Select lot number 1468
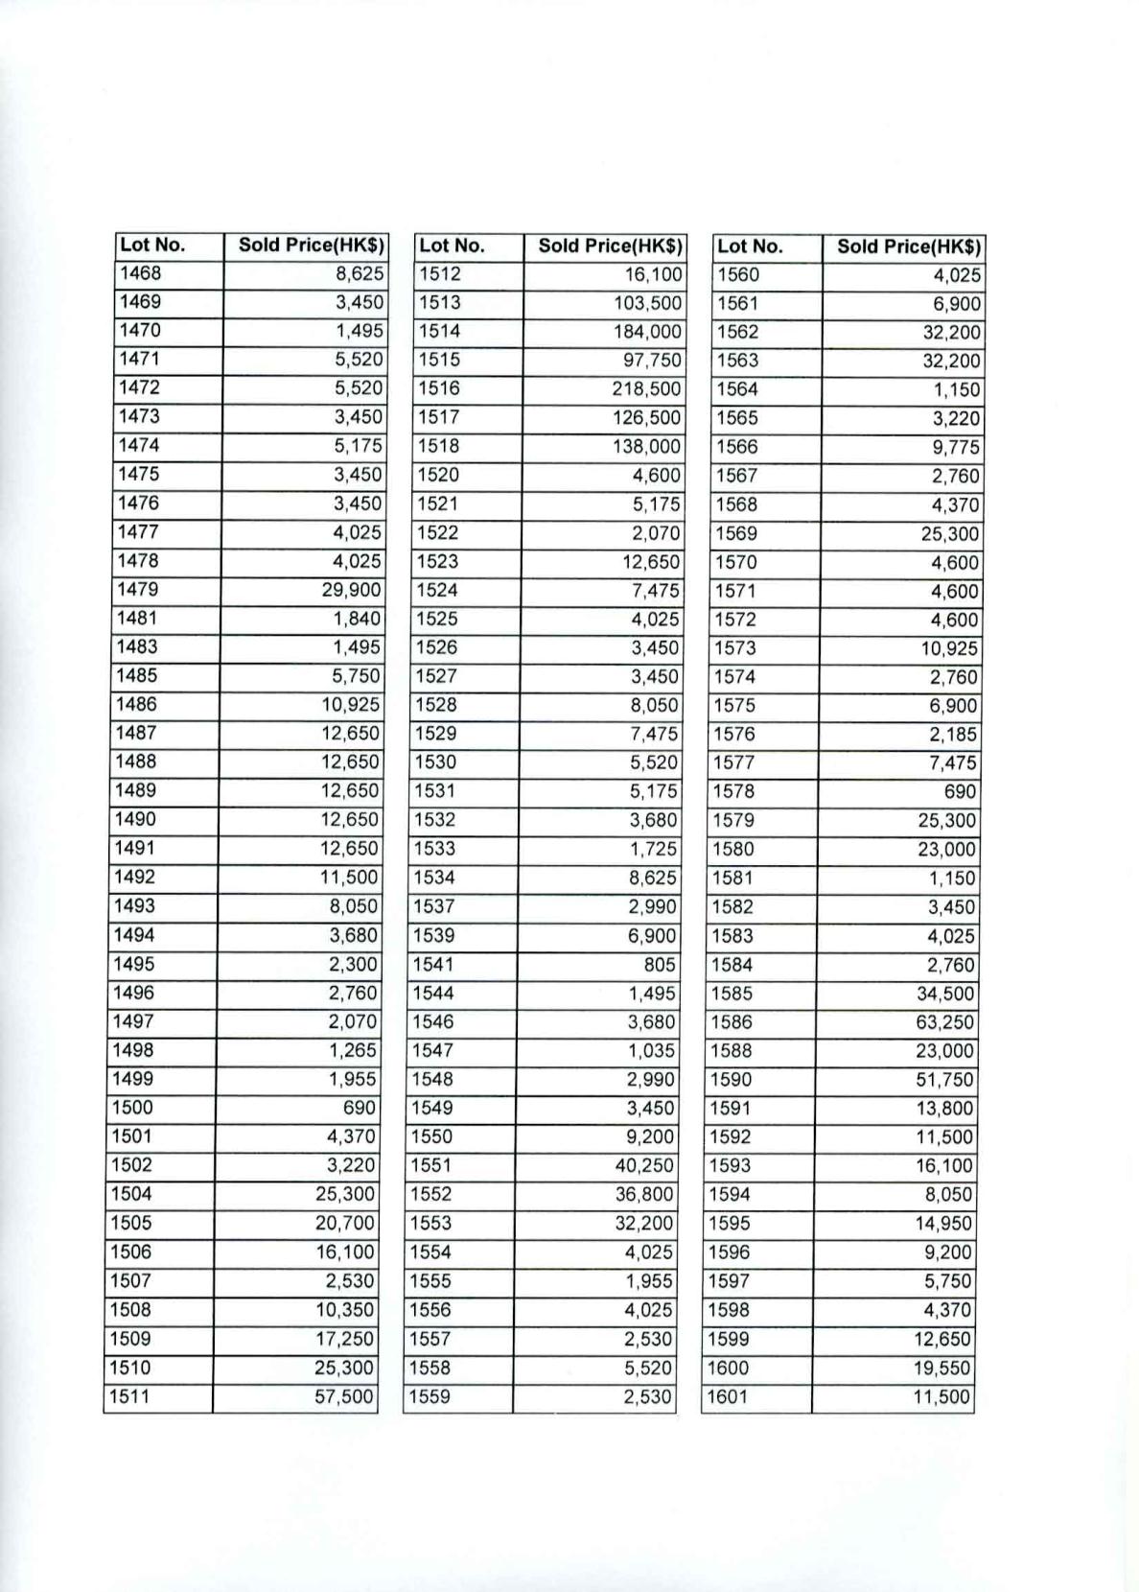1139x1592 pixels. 140,273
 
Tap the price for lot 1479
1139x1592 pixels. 351,590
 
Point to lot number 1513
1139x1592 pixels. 439,303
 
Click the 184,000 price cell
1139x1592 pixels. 647,332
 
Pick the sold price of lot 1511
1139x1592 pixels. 343,1396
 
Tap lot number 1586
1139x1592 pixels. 732,1022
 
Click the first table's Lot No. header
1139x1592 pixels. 151,245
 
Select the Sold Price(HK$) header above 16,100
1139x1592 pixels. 610,246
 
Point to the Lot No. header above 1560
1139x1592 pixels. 750,246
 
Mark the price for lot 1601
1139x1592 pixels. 941,1397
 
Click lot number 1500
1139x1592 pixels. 132,1108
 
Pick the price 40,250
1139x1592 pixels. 644,1166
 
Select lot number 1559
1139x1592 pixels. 430,1397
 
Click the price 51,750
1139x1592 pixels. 944,1080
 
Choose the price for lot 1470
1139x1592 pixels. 360,331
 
